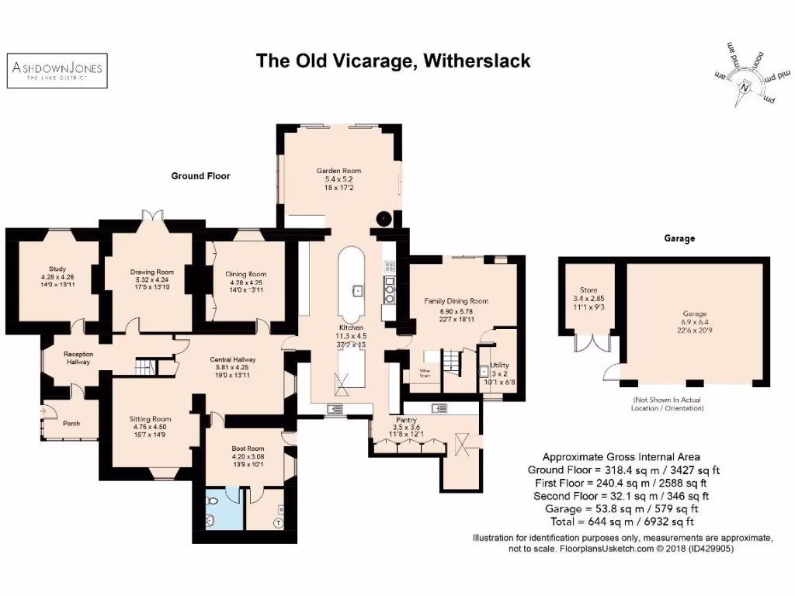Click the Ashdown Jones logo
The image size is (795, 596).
[56, 71]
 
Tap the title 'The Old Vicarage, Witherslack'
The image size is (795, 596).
[394, 61]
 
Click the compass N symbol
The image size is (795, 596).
[745, 88]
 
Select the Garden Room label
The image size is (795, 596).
[338, 171]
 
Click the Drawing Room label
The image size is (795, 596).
[151, 272]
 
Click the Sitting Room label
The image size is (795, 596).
[150, 419]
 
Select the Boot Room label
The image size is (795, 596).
[248, 449]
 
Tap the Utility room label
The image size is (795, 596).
[498, 364]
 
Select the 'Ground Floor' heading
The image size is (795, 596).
[200, 176]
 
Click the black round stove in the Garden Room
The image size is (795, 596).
[384, 218]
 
